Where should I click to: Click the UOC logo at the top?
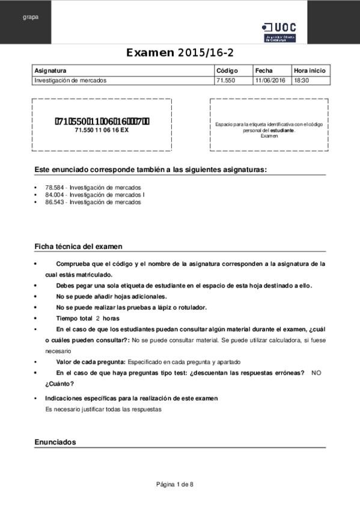tap(279, 31)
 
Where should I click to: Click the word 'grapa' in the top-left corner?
tap(31, 17)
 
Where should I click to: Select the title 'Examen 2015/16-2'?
tap(180, 53)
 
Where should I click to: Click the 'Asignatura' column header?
tap(50, 70)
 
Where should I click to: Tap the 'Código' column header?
tap(227, 70)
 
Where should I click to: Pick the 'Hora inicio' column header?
tap(310, 70)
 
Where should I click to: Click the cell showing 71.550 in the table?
tap(225, 80)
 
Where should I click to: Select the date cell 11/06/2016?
tap(270, 80)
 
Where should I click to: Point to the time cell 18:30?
tap(301, 80)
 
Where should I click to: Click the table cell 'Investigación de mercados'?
tap(70, 80)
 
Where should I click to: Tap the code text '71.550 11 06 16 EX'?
tap(102, 130)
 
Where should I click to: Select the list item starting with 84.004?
tap(95, 195)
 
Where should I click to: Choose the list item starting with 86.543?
tap(93, 202)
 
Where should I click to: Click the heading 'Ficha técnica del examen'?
tap(78, 247)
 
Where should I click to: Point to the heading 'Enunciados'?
tap(55, 442)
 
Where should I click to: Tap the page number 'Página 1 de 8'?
tap(175, 484)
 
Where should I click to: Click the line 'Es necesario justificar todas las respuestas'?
tap(104, 409)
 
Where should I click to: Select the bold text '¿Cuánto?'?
tap(59, 384)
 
